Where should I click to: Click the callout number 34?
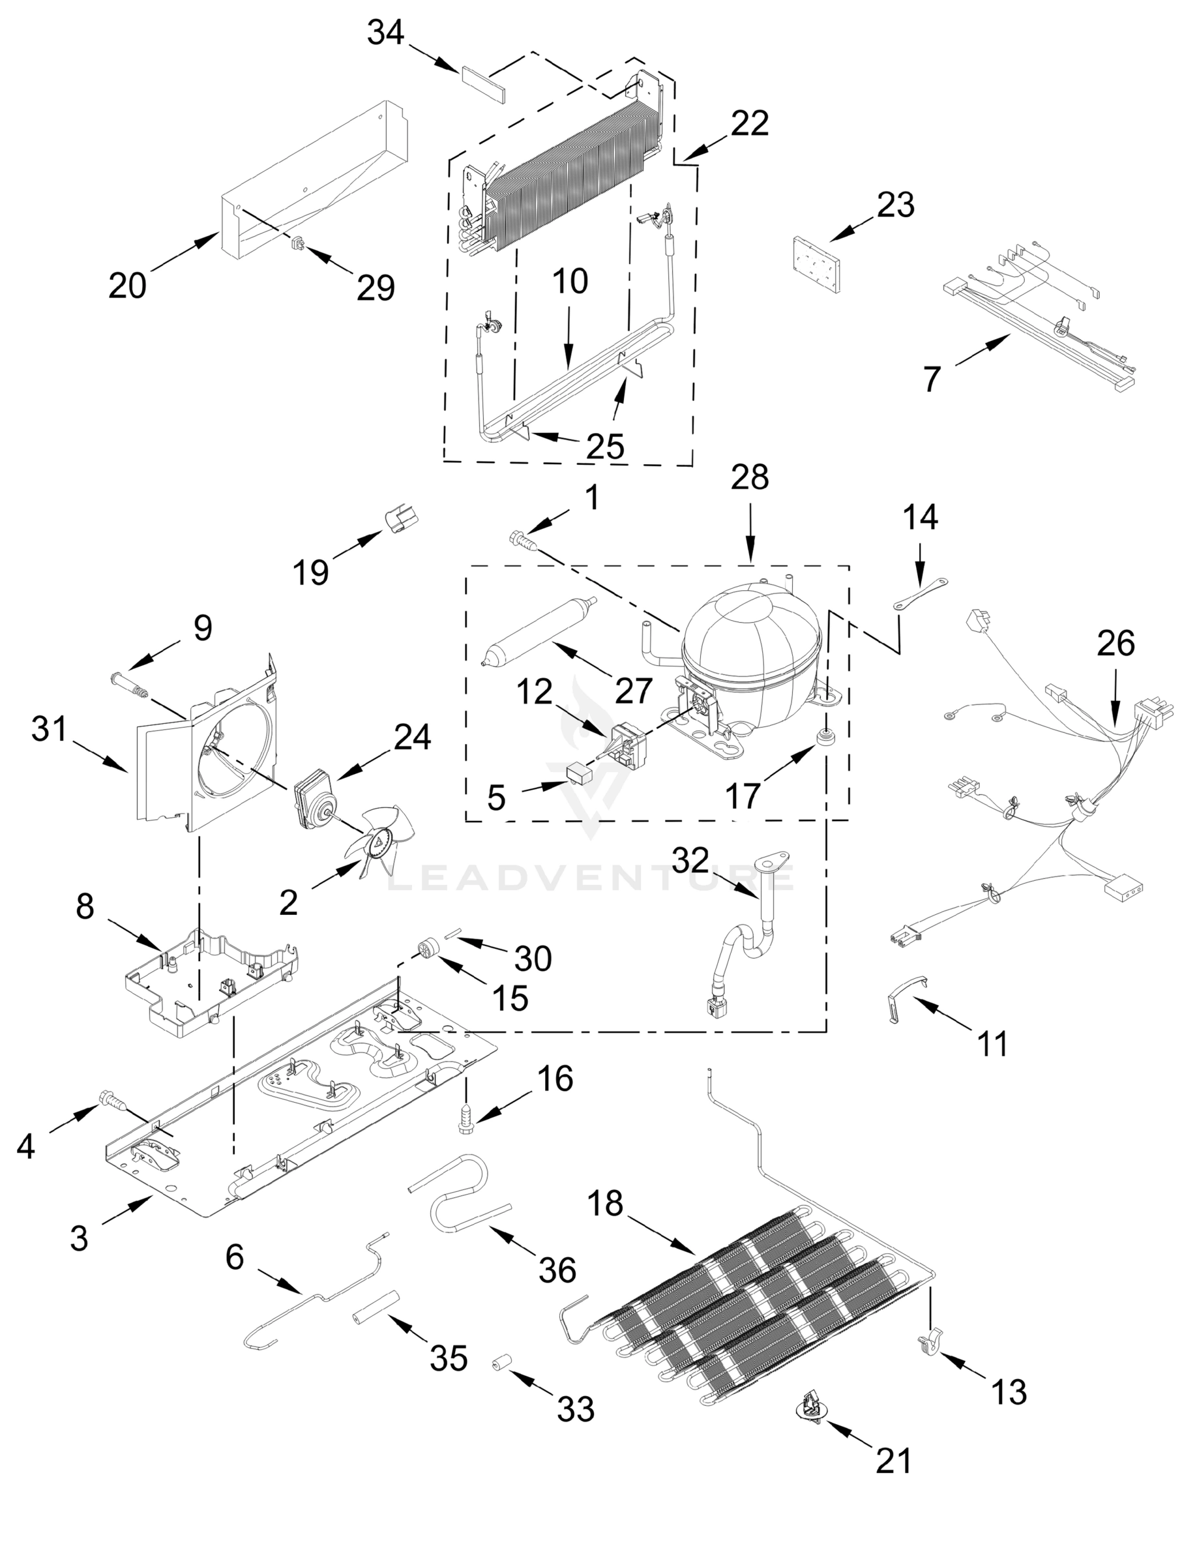[385, 33]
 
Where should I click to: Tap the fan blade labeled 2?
[378, 843]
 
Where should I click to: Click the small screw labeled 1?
[522, 541]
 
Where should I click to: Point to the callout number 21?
[894, 1460]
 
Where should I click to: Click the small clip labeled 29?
[299, 245]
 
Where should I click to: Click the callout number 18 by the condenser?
[606, 1202]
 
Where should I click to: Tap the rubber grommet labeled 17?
[825, 739]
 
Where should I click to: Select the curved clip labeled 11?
[907, 998]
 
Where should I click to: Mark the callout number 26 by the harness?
[1116, 643]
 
